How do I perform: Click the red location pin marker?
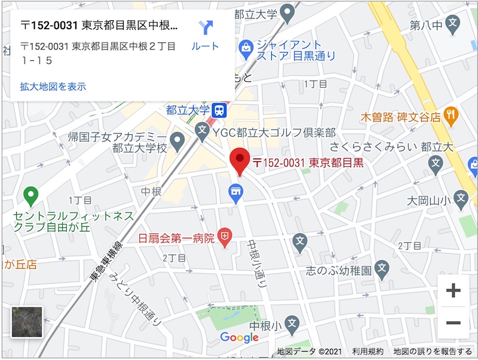click(x=240, y=159)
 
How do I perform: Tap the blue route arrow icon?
click(x=206, y=27)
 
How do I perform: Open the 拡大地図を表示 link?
click(x=53, y=87)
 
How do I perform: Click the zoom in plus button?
click(x=454, y=291)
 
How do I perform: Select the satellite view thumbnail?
click(x=27, y=322)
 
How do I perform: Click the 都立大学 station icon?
click(x=220, y=110)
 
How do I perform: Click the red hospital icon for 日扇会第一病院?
click(x=225, y=238)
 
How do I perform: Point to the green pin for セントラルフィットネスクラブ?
click(x=30, y=195)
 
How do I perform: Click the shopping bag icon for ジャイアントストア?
click(x=245, y=46)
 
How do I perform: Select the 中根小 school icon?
click(x=291, y=323)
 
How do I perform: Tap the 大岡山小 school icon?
click(x=460, y=197)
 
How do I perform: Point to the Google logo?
click(x=239, y=337)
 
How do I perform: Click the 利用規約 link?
click(x=367, y=352)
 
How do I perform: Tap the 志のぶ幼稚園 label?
click(x=339, y=270)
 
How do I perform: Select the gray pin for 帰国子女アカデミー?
click(x=177, y=141)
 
